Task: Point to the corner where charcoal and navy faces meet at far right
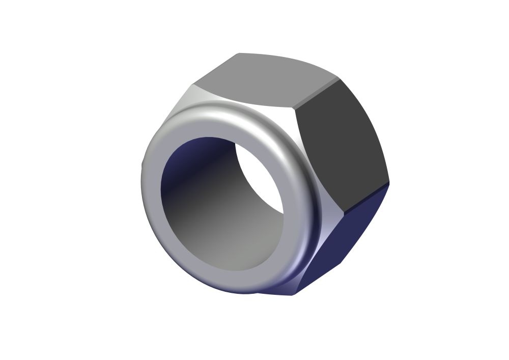pos(389,182)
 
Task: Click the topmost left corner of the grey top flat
pos(238,53)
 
